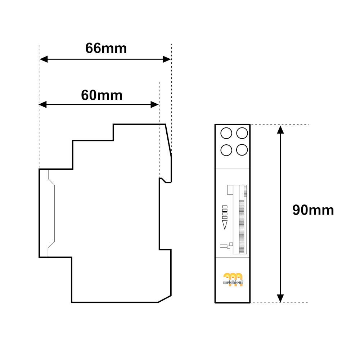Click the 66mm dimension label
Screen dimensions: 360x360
click(x=106, y=49)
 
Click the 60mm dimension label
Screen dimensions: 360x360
click(x=102, y=95)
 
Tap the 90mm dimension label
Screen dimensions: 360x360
click(x=313, y=210)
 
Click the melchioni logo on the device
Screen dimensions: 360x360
click(x=233, y=279)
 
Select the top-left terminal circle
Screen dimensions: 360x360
click(x=226, y=133)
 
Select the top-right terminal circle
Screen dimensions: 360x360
click(x=242, y=133)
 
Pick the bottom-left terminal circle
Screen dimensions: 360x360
click(x=226, y=150)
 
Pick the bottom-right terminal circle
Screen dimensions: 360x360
click(x=242, y=150)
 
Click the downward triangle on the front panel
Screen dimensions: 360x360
click(x=225, y=225)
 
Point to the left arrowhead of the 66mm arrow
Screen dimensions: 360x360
click(x=44, y=59)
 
